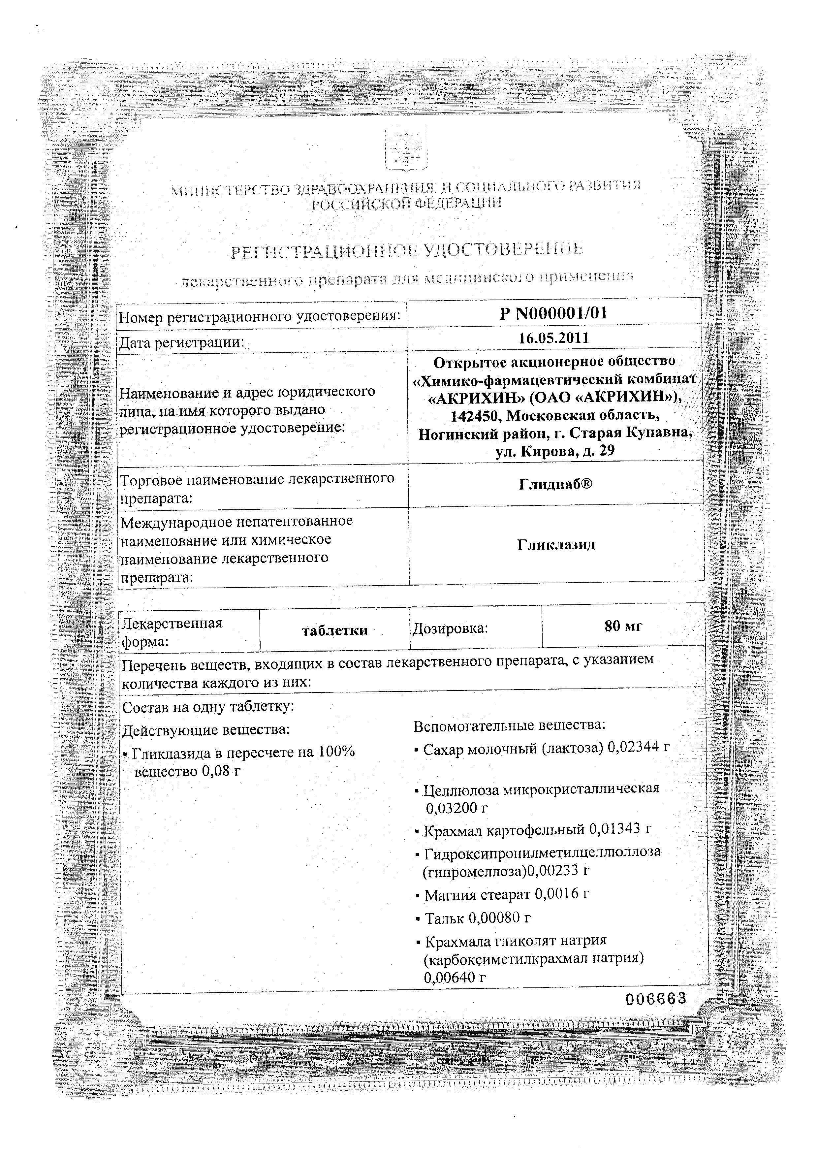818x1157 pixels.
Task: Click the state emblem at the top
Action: click(x=406, y=151)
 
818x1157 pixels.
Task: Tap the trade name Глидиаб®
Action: click(x=555, y=484)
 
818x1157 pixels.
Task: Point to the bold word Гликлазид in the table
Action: click(x=556, y=545)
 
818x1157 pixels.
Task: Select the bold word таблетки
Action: click(x=334, y=630)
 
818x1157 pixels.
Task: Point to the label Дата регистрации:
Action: click(x=181, y=343)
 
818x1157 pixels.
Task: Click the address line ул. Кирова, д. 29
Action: click(x=554, y=451)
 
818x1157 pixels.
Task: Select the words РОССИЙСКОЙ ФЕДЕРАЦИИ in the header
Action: click(x=407, y=204)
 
